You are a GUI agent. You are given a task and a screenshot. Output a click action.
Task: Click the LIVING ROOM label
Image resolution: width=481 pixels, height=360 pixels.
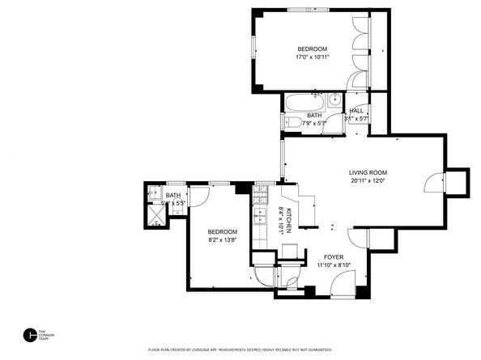click(x=368, y=172)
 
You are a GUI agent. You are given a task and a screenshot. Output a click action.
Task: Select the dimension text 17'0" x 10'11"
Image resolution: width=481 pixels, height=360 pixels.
click(x=312, y=57)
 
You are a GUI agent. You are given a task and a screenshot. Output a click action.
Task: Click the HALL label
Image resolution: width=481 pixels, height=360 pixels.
click(x=355, y=111)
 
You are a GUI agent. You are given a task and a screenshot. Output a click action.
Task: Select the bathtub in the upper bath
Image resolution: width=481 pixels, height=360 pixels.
click(x=304, y=103)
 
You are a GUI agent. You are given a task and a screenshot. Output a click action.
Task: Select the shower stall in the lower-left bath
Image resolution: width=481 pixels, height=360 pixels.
click(x=153, y=214)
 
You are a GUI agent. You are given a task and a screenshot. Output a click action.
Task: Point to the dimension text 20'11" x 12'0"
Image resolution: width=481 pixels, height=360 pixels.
click(x=368, y=181)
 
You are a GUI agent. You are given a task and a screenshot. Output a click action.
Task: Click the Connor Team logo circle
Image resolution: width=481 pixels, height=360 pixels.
click(x=30, y=334)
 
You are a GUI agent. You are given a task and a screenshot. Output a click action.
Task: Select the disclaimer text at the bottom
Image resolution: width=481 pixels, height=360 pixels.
click(x=240, y=349)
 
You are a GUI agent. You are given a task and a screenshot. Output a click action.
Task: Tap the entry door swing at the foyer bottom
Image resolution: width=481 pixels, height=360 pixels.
click(x=343, y=282)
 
